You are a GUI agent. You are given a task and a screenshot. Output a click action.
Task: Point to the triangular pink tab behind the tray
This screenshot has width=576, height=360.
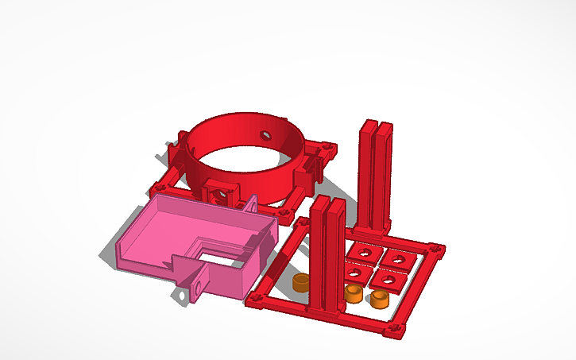point(252,203)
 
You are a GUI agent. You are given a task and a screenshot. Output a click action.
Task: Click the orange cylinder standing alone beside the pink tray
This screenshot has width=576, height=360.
point(300,283)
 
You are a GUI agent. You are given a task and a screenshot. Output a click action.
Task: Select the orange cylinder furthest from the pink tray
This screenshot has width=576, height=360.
point(379,299)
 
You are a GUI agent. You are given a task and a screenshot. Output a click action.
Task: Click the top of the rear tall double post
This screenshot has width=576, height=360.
point(377,125)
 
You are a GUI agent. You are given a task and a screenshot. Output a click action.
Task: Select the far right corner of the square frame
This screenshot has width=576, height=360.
point(437,249)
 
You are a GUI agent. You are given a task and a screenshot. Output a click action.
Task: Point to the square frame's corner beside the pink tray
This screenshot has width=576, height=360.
point(257,300)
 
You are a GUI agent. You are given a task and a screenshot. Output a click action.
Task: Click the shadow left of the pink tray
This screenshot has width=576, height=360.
point(107,255)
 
